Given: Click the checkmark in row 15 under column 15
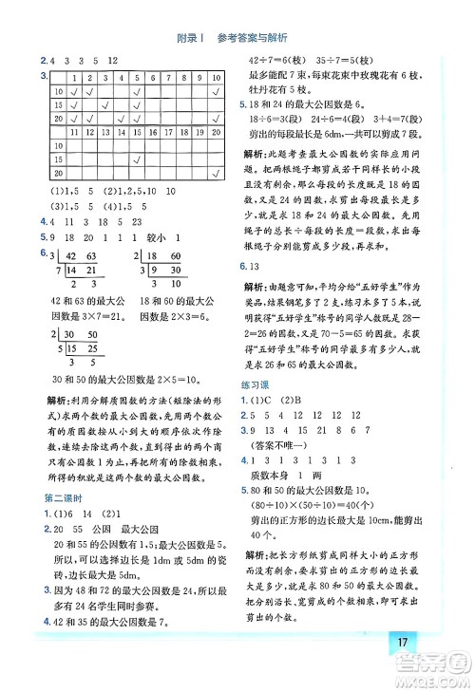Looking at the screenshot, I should (x=138, y=159).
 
